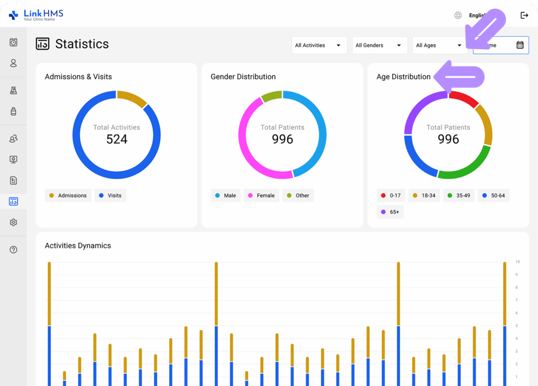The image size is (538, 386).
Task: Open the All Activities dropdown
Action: (319, 45)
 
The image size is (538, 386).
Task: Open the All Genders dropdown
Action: (379, 45)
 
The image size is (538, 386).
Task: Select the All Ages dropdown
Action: (439, 45)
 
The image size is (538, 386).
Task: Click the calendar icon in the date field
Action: (520, 45)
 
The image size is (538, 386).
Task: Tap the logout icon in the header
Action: (524, 15)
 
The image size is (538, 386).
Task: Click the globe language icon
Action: (458, 15)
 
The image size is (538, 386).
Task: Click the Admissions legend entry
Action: (68, 195)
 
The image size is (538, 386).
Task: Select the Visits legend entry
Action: (110, 195)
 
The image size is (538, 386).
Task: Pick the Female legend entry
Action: (261, 195)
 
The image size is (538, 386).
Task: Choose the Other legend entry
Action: (298, 195)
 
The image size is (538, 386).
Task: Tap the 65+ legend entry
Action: (390, 212)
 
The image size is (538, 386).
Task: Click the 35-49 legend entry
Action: (458, 195)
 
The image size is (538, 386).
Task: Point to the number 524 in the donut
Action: (117, 139)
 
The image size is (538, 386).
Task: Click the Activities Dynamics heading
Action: (78, 245)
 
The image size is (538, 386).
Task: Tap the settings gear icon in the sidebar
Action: (14, 223)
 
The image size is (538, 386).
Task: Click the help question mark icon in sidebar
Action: (14, 249)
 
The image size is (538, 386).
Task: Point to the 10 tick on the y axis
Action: (518, 262)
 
